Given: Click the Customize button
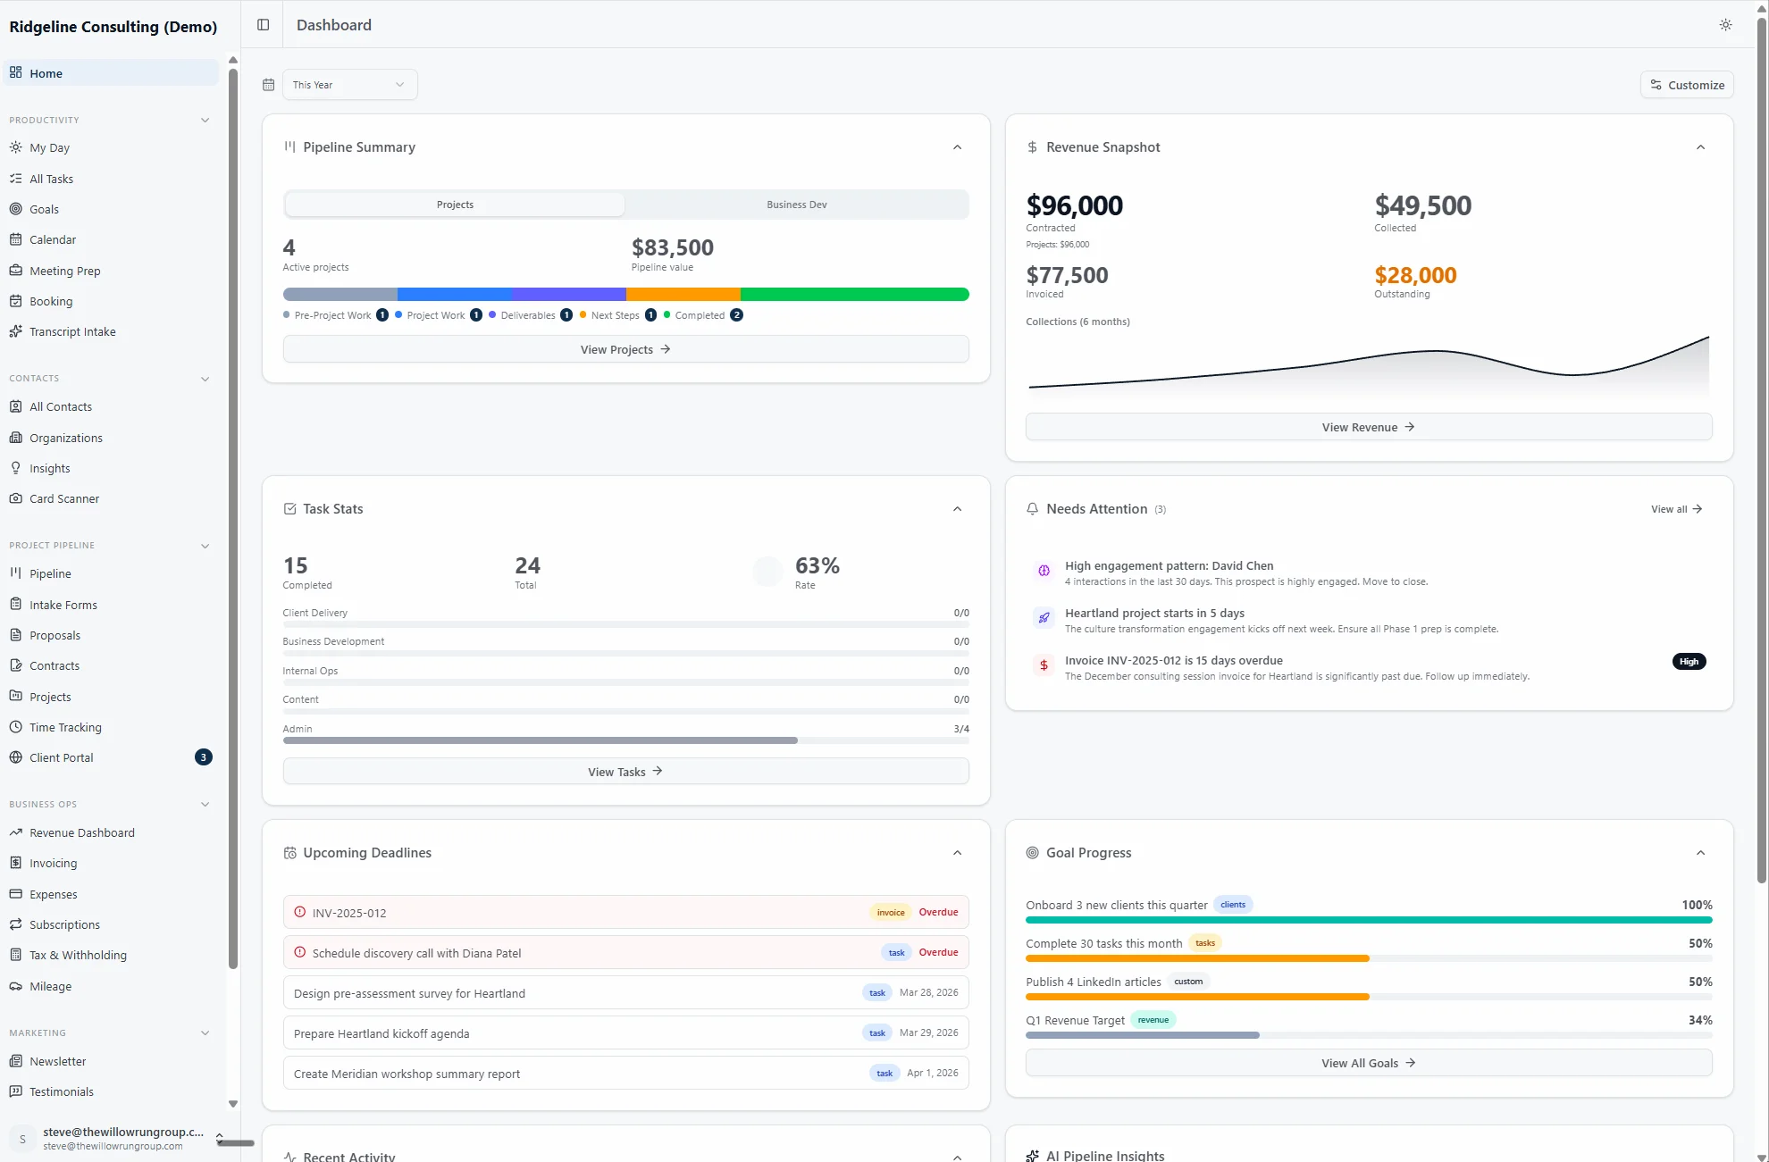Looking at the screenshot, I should point(1687,85).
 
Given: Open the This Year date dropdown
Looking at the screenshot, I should point(349,85).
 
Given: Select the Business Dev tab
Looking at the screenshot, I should point(796,205).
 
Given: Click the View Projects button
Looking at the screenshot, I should point(625,349).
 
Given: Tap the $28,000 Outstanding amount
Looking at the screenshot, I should point(1415,275).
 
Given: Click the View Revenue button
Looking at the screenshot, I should point(1368,427).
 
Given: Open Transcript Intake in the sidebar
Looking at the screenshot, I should point(72,331).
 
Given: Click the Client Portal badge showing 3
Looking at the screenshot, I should point(204,757).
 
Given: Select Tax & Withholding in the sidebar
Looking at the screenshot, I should point(78,955).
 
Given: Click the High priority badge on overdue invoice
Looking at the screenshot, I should point(1688,662).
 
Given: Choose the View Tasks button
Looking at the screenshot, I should point(625,772).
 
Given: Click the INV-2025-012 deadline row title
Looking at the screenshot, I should point(349,913).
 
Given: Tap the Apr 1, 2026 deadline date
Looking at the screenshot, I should point(932,1073).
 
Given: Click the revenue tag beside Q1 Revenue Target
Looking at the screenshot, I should point(1153,1020).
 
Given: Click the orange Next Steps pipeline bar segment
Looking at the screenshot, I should point(683,294).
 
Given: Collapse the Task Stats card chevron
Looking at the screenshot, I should point(957,509).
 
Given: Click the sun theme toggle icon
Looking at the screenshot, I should point(1725,25).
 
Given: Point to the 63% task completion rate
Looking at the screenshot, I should point(817,565).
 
